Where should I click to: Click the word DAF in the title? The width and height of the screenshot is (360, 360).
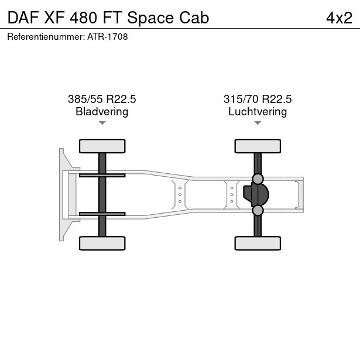(23, 18)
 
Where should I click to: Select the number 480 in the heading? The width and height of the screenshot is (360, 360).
(83, 18)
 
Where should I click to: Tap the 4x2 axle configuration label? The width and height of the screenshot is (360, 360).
(339, 18)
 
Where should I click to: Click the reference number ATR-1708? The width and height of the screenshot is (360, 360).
(108, 37)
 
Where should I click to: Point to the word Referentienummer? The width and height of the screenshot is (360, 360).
(46, 37)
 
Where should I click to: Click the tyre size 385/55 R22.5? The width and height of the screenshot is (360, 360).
(102, 99)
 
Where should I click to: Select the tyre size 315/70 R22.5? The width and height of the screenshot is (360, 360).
(258, 99)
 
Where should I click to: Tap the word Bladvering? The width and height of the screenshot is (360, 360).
(102, 112)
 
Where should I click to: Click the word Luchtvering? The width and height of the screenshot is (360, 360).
(258, 112)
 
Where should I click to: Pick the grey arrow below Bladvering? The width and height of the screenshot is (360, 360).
(102, 123)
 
